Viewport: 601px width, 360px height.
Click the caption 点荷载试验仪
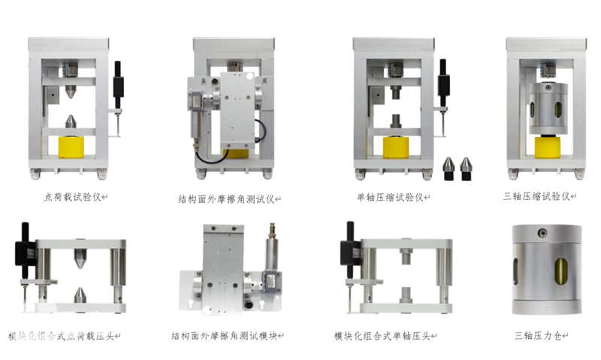[x=72, y=197]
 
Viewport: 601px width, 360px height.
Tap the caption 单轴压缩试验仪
[x=390, y=198]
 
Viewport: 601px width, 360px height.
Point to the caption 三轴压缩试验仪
[x=536, y=196]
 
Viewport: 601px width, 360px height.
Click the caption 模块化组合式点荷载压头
[x=62, y=336]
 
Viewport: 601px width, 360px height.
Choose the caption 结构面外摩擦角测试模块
[x=225, y=336]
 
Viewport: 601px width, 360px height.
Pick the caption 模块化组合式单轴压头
[x=382, y=336]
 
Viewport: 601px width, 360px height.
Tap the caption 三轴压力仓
[x=538, y=336]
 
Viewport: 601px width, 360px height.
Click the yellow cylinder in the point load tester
[x=71, y=147]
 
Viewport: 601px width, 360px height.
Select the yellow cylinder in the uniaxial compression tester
[x=396, y=147]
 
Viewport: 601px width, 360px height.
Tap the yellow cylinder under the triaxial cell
[x=548, y=147]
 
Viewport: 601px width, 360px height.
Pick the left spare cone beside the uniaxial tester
[x=448, y=168]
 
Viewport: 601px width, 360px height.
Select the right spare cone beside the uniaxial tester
[x=466, y=168]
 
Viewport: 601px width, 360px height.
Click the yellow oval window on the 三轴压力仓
[x=562, y=271]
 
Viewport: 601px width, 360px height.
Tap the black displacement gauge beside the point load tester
[x=118, y=85]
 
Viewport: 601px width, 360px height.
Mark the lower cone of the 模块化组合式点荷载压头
[x=80, y=295]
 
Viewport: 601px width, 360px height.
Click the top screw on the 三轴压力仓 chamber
[x=542, y=233]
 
